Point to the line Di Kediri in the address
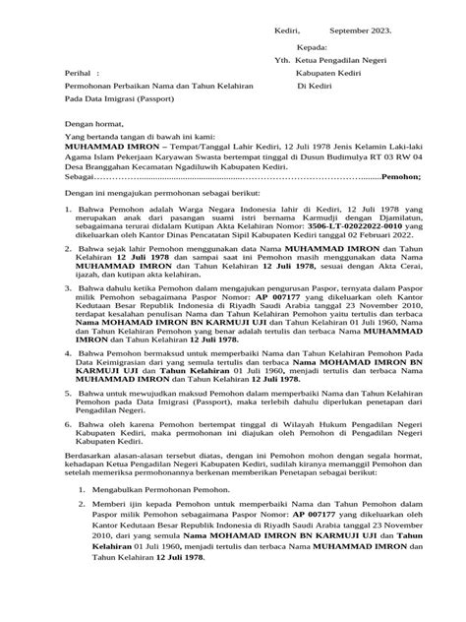click(316, 87)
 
